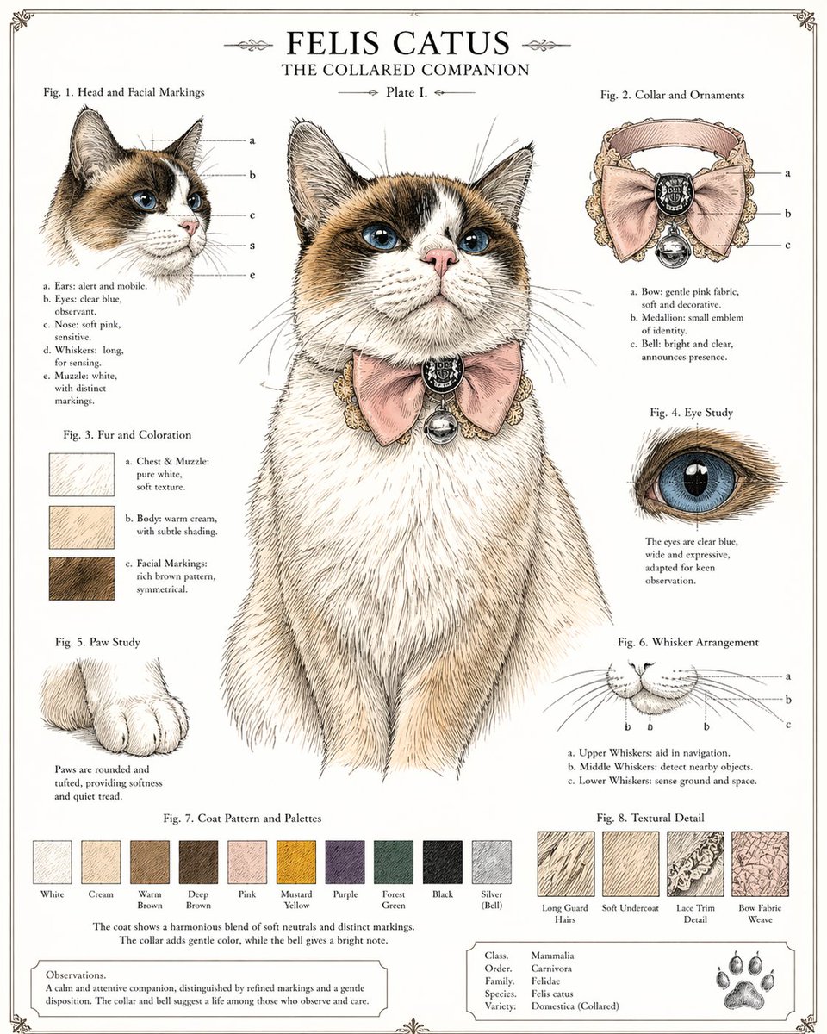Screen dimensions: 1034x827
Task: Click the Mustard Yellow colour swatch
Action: (x=296, y=862)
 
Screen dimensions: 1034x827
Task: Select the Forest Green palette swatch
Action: (x=394, y=862)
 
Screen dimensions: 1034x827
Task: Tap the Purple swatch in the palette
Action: (x=345, y=862)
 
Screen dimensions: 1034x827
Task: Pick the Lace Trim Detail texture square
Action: (x=695, y=864)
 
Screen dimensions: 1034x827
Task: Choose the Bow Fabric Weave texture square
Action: (x=760, y=864)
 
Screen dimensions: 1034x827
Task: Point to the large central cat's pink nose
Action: (x=440, y=258)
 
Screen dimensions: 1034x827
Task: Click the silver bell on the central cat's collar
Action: (x=439, y=424)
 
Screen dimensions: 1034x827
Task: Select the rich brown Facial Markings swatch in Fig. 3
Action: (x=82, y=578)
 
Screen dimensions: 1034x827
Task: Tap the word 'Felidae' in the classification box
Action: (x=552, y=981)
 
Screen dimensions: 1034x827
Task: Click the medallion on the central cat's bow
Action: (x=443, y=372)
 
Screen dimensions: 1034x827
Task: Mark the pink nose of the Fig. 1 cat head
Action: (x=189, y=226)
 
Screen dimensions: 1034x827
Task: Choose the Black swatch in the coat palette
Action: (x=443, y=862)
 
